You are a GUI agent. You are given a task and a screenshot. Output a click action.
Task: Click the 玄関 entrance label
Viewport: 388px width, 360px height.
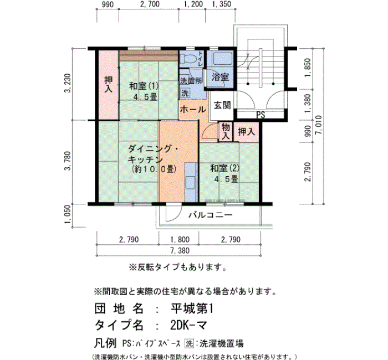(222, 106)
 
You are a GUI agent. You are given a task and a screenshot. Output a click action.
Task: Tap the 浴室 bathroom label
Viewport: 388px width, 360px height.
(220, 77)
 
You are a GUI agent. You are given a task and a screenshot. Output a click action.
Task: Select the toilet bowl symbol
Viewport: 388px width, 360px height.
(187, 59)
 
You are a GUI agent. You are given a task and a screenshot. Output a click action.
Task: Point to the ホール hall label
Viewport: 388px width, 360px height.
(193, 109)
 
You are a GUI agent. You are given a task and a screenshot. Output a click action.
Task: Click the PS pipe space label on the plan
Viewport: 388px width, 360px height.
(261, 115)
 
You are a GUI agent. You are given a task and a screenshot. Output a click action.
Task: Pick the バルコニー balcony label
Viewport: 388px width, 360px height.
(211, 215)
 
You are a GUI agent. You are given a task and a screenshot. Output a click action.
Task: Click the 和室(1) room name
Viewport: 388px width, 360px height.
(144, 86)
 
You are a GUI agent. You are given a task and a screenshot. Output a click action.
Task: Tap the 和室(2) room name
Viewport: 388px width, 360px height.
(224, 168)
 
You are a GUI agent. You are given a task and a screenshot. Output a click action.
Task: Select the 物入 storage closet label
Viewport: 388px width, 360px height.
(226, 132)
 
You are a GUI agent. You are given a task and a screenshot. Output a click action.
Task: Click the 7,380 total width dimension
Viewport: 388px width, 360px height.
(180, 250)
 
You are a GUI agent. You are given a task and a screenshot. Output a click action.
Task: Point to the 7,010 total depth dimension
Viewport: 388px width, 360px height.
(319, 125)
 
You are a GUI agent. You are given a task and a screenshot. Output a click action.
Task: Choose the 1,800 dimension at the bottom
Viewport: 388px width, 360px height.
(180, 240)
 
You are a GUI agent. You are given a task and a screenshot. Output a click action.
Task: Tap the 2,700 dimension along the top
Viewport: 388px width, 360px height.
(150, 4)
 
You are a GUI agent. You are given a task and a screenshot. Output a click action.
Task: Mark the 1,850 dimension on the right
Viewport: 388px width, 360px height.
(308, 68)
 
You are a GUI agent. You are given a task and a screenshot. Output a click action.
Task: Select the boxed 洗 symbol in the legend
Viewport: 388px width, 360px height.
(190, 343)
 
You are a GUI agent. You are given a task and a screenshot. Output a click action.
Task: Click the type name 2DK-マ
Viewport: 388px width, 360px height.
(188, 326)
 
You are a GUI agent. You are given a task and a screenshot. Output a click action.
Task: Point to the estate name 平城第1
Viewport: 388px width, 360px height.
(192, 308)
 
